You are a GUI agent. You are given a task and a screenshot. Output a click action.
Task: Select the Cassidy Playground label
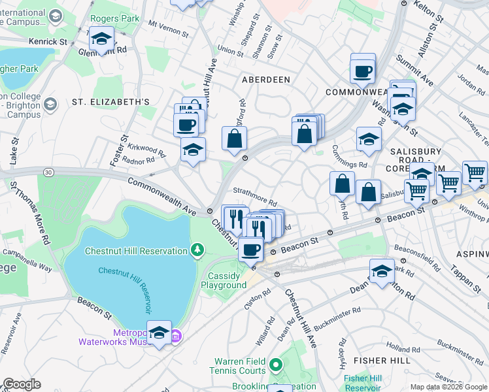tap(224, 280)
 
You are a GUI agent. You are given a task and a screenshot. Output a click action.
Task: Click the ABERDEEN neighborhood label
tap(265, 79)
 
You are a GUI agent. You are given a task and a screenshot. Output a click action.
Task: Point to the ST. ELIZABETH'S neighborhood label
tap(110, 102)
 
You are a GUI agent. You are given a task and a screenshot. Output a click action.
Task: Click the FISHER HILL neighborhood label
tap(381, 360)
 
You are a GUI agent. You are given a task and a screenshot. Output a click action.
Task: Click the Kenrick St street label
tap(48, 41)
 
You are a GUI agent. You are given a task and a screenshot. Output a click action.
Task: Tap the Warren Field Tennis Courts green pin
tap(276, 364)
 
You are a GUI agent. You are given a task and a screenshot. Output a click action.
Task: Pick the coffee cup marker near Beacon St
tap(250, 249)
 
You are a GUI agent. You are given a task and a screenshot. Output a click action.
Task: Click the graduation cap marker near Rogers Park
tap(101, 39)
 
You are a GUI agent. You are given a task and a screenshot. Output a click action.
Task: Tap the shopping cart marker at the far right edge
tap(475, 174)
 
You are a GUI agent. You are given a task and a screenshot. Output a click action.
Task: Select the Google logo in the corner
tap(22, 384)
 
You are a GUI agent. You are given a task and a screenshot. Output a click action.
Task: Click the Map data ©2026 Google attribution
tap(448, 387)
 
